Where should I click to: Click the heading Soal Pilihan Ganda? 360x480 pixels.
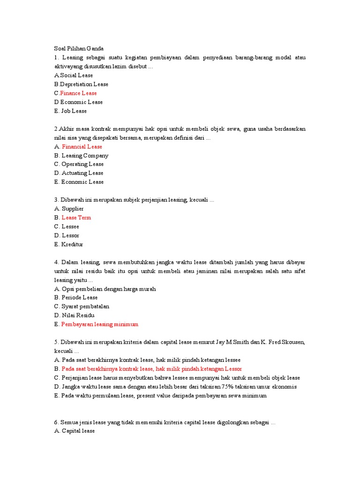pos(79,49)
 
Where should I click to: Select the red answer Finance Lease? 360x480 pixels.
pos(78,93)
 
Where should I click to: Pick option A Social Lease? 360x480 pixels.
pos(74,75)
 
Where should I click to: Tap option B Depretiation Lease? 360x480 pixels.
pos(81,84)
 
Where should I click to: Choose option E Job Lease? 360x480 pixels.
pos(71,111)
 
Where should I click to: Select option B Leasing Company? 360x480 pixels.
pos(81,156)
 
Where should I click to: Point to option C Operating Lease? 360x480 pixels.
pos(79,165)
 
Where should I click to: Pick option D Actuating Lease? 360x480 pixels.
pos(79,173)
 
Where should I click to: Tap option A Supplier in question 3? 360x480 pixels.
pos(69,209)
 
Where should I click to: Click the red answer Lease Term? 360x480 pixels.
pos(76,218)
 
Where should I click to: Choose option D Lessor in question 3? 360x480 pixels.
pos(67,236)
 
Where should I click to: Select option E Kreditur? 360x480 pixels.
pos(69,245)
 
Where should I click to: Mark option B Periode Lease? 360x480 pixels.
pos(76,298)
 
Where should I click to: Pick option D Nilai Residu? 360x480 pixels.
pos(75,315)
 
